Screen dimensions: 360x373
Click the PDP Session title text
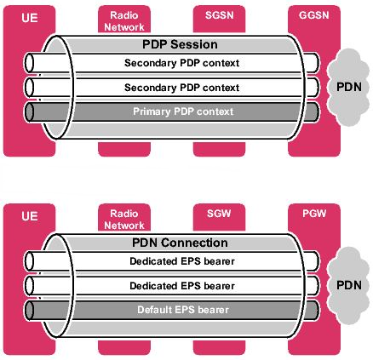pos(177,43)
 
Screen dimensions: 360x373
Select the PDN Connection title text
pos(177,243)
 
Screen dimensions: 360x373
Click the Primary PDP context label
pos(177,111)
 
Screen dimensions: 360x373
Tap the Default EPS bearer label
pos(177,310)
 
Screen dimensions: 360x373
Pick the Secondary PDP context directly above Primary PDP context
pos(177,87)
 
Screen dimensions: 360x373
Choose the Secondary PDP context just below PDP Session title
pos(177,63)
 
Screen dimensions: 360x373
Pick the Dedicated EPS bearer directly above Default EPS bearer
pos(177,285)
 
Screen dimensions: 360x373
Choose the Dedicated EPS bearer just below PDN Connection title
pos(177,260)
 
